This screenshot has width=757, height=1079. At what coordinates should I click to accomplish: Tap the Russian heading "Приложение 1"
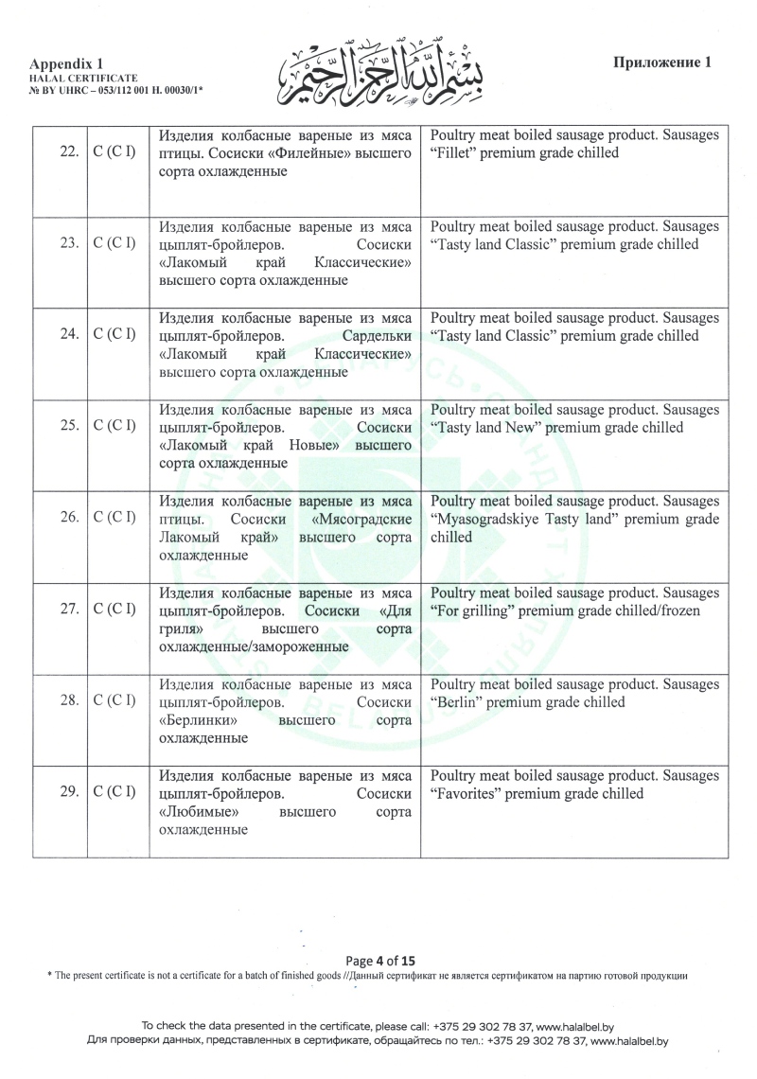tap(662, 63)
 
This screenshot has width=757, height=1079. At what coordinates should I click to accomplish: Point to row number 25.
tap(67, 426)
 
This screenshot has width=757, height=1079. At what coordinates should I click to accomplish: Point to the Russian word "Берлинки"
tap(197, 720)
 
